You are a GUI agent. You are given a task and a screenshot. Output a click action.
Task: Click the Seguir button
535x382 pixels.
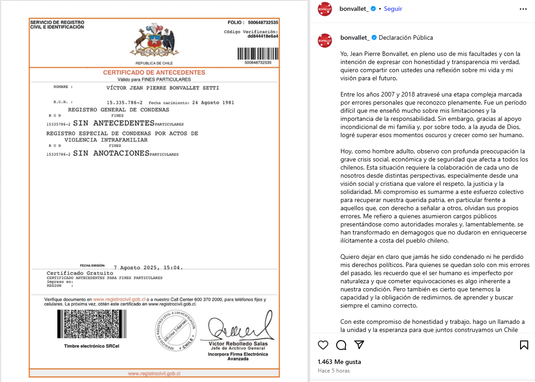pyautogui.click(x=393, y=9)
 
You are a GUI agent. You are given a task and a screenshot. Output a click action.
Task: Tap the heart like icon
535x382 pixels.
pyautogui.click(x=323, y=345)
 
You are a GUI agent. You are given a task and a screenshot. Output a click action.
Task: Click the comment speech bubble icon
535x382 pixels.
pyautogui.click(x=341, y=345)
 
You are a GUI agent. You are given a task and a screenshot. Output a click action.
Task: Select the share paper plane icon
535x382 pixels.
pyautogui.click(x=359, y=345)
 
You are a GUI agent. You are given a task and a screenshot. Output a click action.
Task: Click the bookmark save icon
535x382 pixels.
pyautogui.click(x=524, y=345)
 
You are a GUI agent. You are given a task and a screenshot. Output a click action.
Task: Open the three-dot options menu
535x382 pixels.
pyautogui.click(x=523, y=9)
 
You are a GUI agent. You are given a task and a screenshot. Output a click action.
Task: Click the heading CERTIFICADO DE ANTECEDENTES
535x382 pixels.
pyautogui.click(x=154, y=73)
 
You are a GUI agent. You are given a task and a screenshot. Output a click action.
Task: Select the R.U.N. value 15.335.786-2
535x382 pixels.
pyautogui.click(x=124, y=102)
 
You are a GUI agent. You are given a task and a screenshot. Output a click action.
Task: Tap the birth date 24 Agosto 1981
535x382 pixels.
pyautogui.click(x=213, y=102)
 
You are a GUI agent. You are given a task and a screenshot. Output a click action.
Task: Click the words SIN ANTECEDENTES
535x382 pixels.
pyautogui.click(x=114, y=123)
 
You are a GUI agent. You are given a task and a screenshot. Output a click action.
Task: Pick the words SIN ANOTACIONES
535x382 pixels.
pyautogui.click(x=111, y=153)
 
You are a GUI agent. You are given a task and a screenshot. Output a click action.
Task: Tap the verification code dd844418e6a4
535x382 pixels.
pyautogui.click(x=263, y=37)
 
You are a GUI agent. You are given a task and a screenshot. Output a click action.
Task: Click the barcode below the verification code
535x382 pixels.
pyautogui.click(x=258, y=53)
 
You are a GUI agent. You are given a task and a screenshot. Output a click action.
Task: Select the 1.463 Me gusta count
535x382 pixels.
pyautogui.click(x=339, y=362)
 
